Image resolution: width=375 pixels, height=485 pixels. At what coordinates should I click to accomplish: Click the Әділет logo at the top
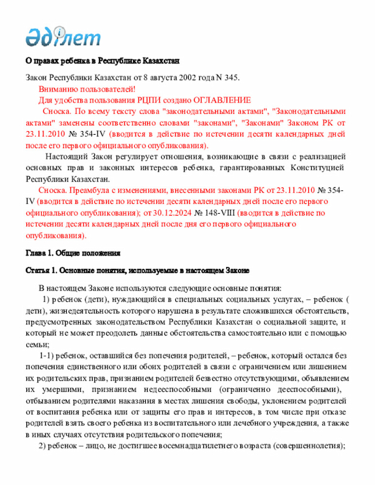click(x=63, y=36)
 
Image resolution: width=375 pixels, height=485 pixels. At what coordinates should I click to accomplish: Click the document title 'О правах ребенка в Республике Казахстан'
click(x=102, y=60)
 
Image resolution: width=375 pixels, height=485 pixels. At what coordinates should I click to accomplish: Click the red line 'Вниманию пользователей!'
click(x=87, y=88)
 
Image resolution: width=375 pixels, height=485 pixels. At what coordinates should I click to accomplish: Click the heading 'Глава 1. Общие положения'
click(x=73, y=253)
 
